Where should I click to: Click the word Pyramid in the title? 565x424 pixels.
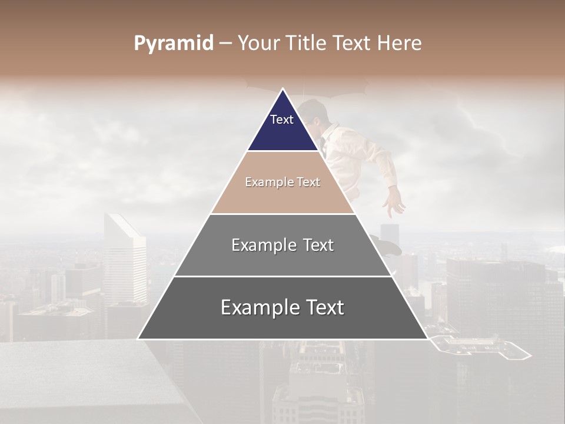pyautogui.click(x=173, y=44)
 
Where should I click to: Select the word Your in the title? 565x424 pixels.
pyautogui.click(x=258, y=43)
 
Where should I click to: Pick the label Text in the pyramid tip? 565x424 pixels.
pyautogui.click(x=281, y=120)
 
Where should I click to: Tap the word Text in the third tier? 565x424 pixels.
pyautogui.click(x=315, y=245)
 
